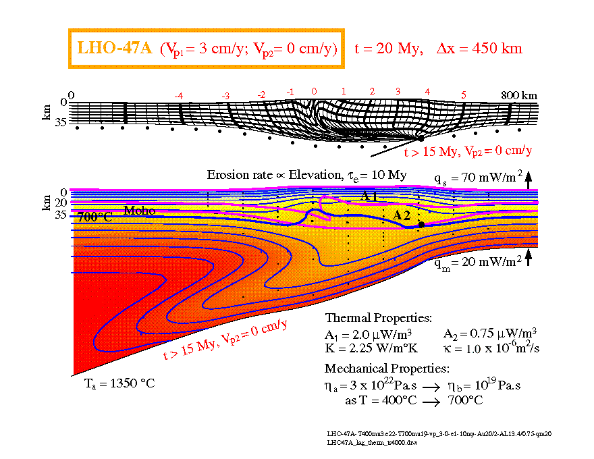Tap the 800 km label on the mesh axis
519,95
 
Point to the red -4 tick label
178,97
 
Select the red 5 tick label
463,95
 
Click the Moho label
138,211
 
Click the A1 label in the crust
368,196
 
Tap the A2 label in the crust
402,215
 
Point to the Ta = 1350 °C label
119,383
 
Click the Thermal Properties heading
379,317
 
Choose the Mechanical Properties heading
387,369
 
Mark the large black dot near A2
421,224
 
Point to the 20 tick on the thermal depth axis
61,202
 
